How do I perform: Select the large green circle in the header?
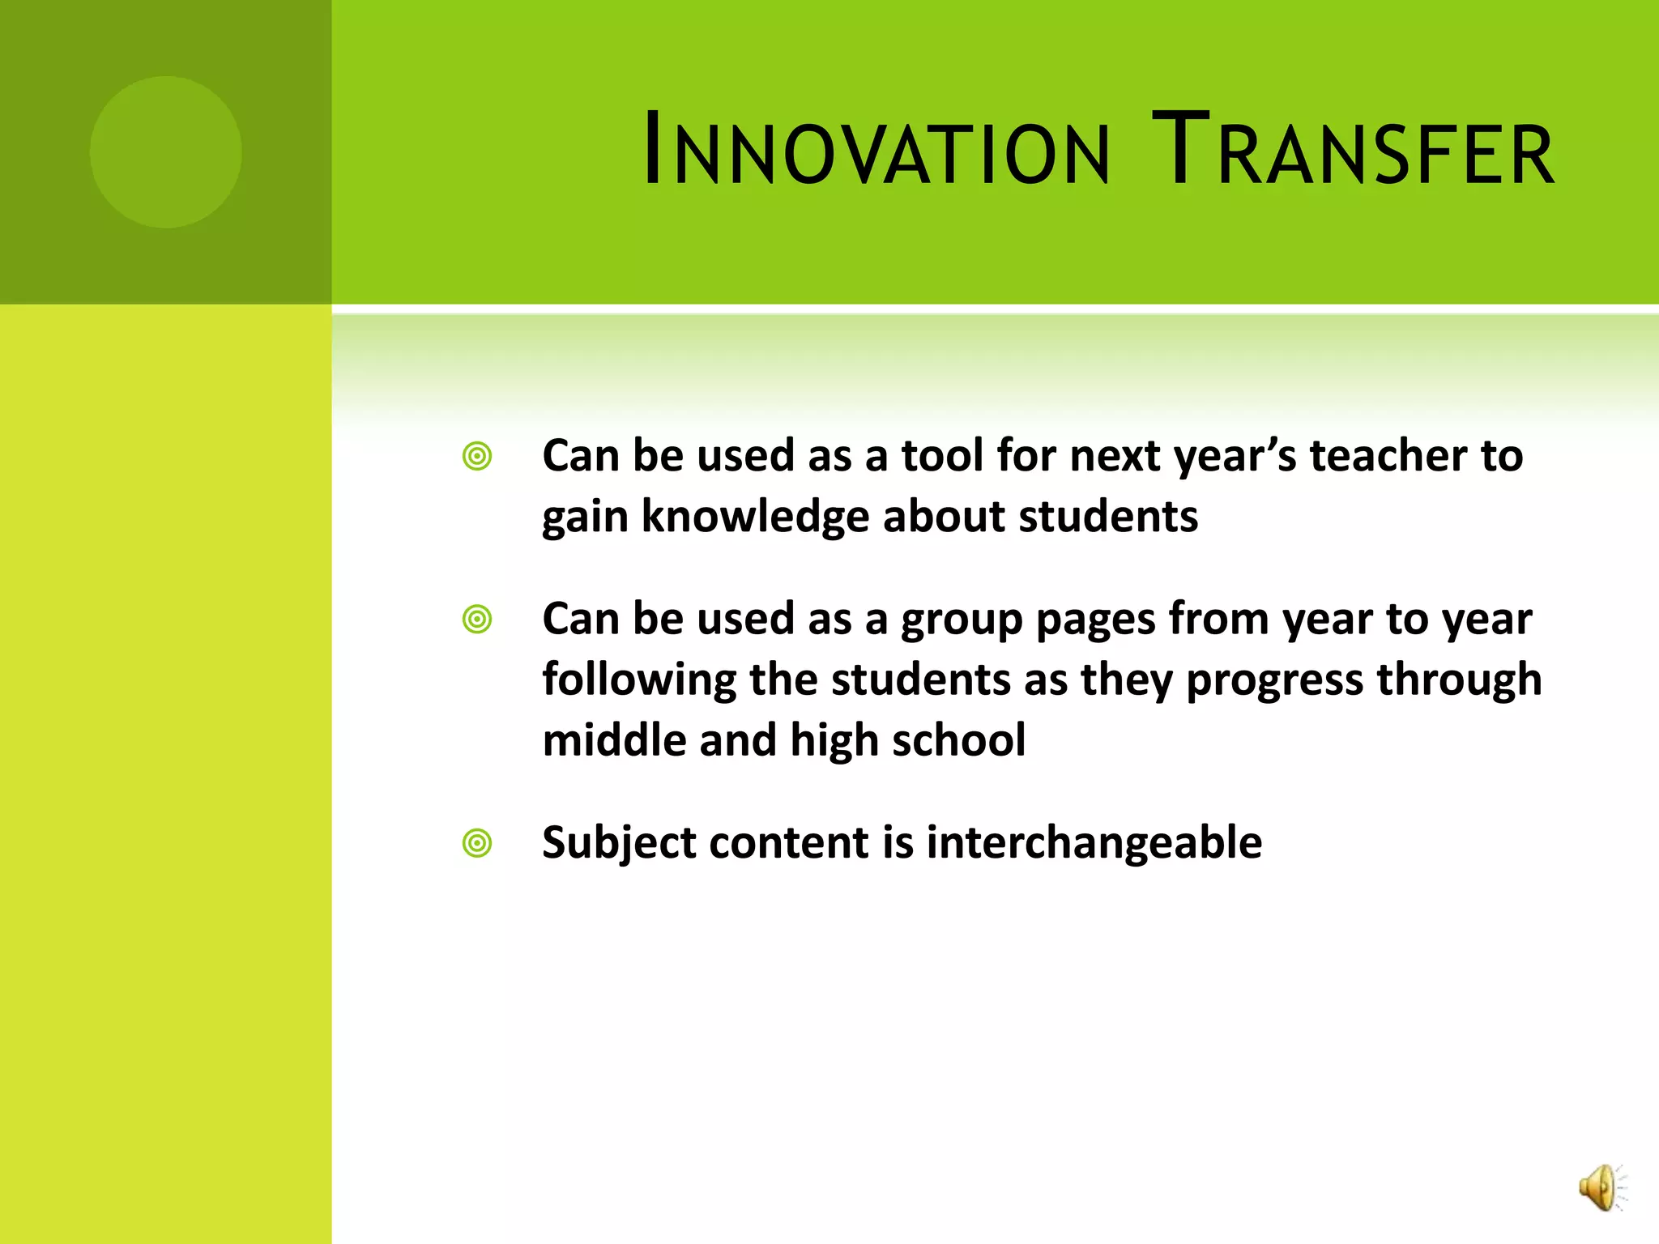point(166,152)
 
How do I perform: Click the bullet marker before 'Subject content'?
point(477,843)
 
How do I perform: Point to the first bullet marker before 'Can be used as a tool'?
point(477,457)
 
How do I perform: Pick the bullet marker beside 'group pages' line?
point(477,620)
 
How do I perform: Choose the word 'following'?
point(638,680)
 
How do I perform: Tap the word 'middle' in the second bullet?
point(614,740)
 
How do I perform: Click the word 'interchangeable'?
point(1094,843)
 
